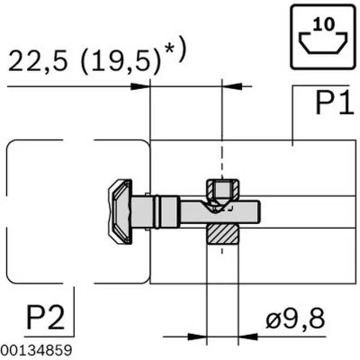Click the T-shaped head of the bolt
pos(118,211)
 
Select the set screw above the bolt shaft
pos(220,191)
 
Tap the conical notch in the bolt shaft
pos(213,207)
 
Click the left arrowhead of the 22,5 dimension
pos(145,86)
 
